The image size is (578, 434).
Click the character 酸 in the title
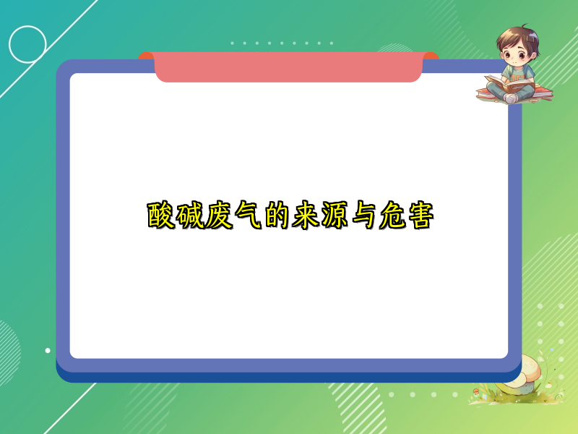pos(161,216)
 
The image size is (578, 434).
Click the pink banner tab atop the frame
pos(288,67)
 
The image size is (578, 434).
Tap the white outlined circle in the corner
pos(27,44)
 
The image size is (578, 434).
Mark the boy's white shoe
pos(511,97)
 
